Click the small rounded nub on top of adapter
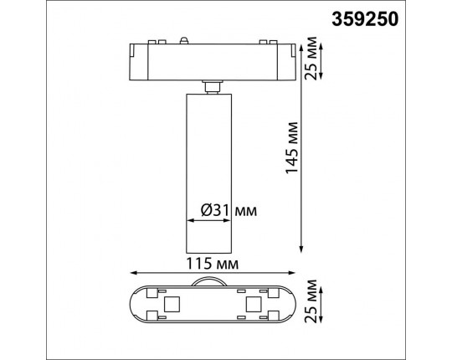pyautogui.click(x=185, y=38)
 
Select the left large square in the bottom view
pyautogui.click(x=172, y=303)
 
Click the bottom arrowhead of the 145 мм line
pyautogui.click(x=300, y=249)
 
